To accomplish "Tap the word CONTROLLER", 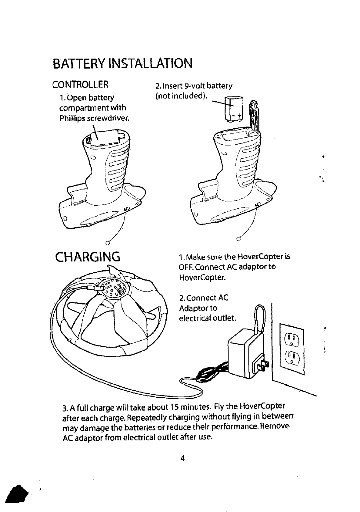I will (x=80, y=84).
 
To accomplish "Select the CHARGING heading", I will (x=88, y=257).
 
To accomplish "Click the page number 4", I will (x=182, y=458).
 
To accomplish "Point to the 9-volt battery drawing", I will (x=234, y=108).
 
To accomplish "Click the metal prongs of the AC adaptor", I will (x=262, y=365).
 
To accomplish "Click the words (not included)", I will (x=181, y=96).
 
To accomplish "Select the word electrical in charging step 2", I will (x=194, y=318).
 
